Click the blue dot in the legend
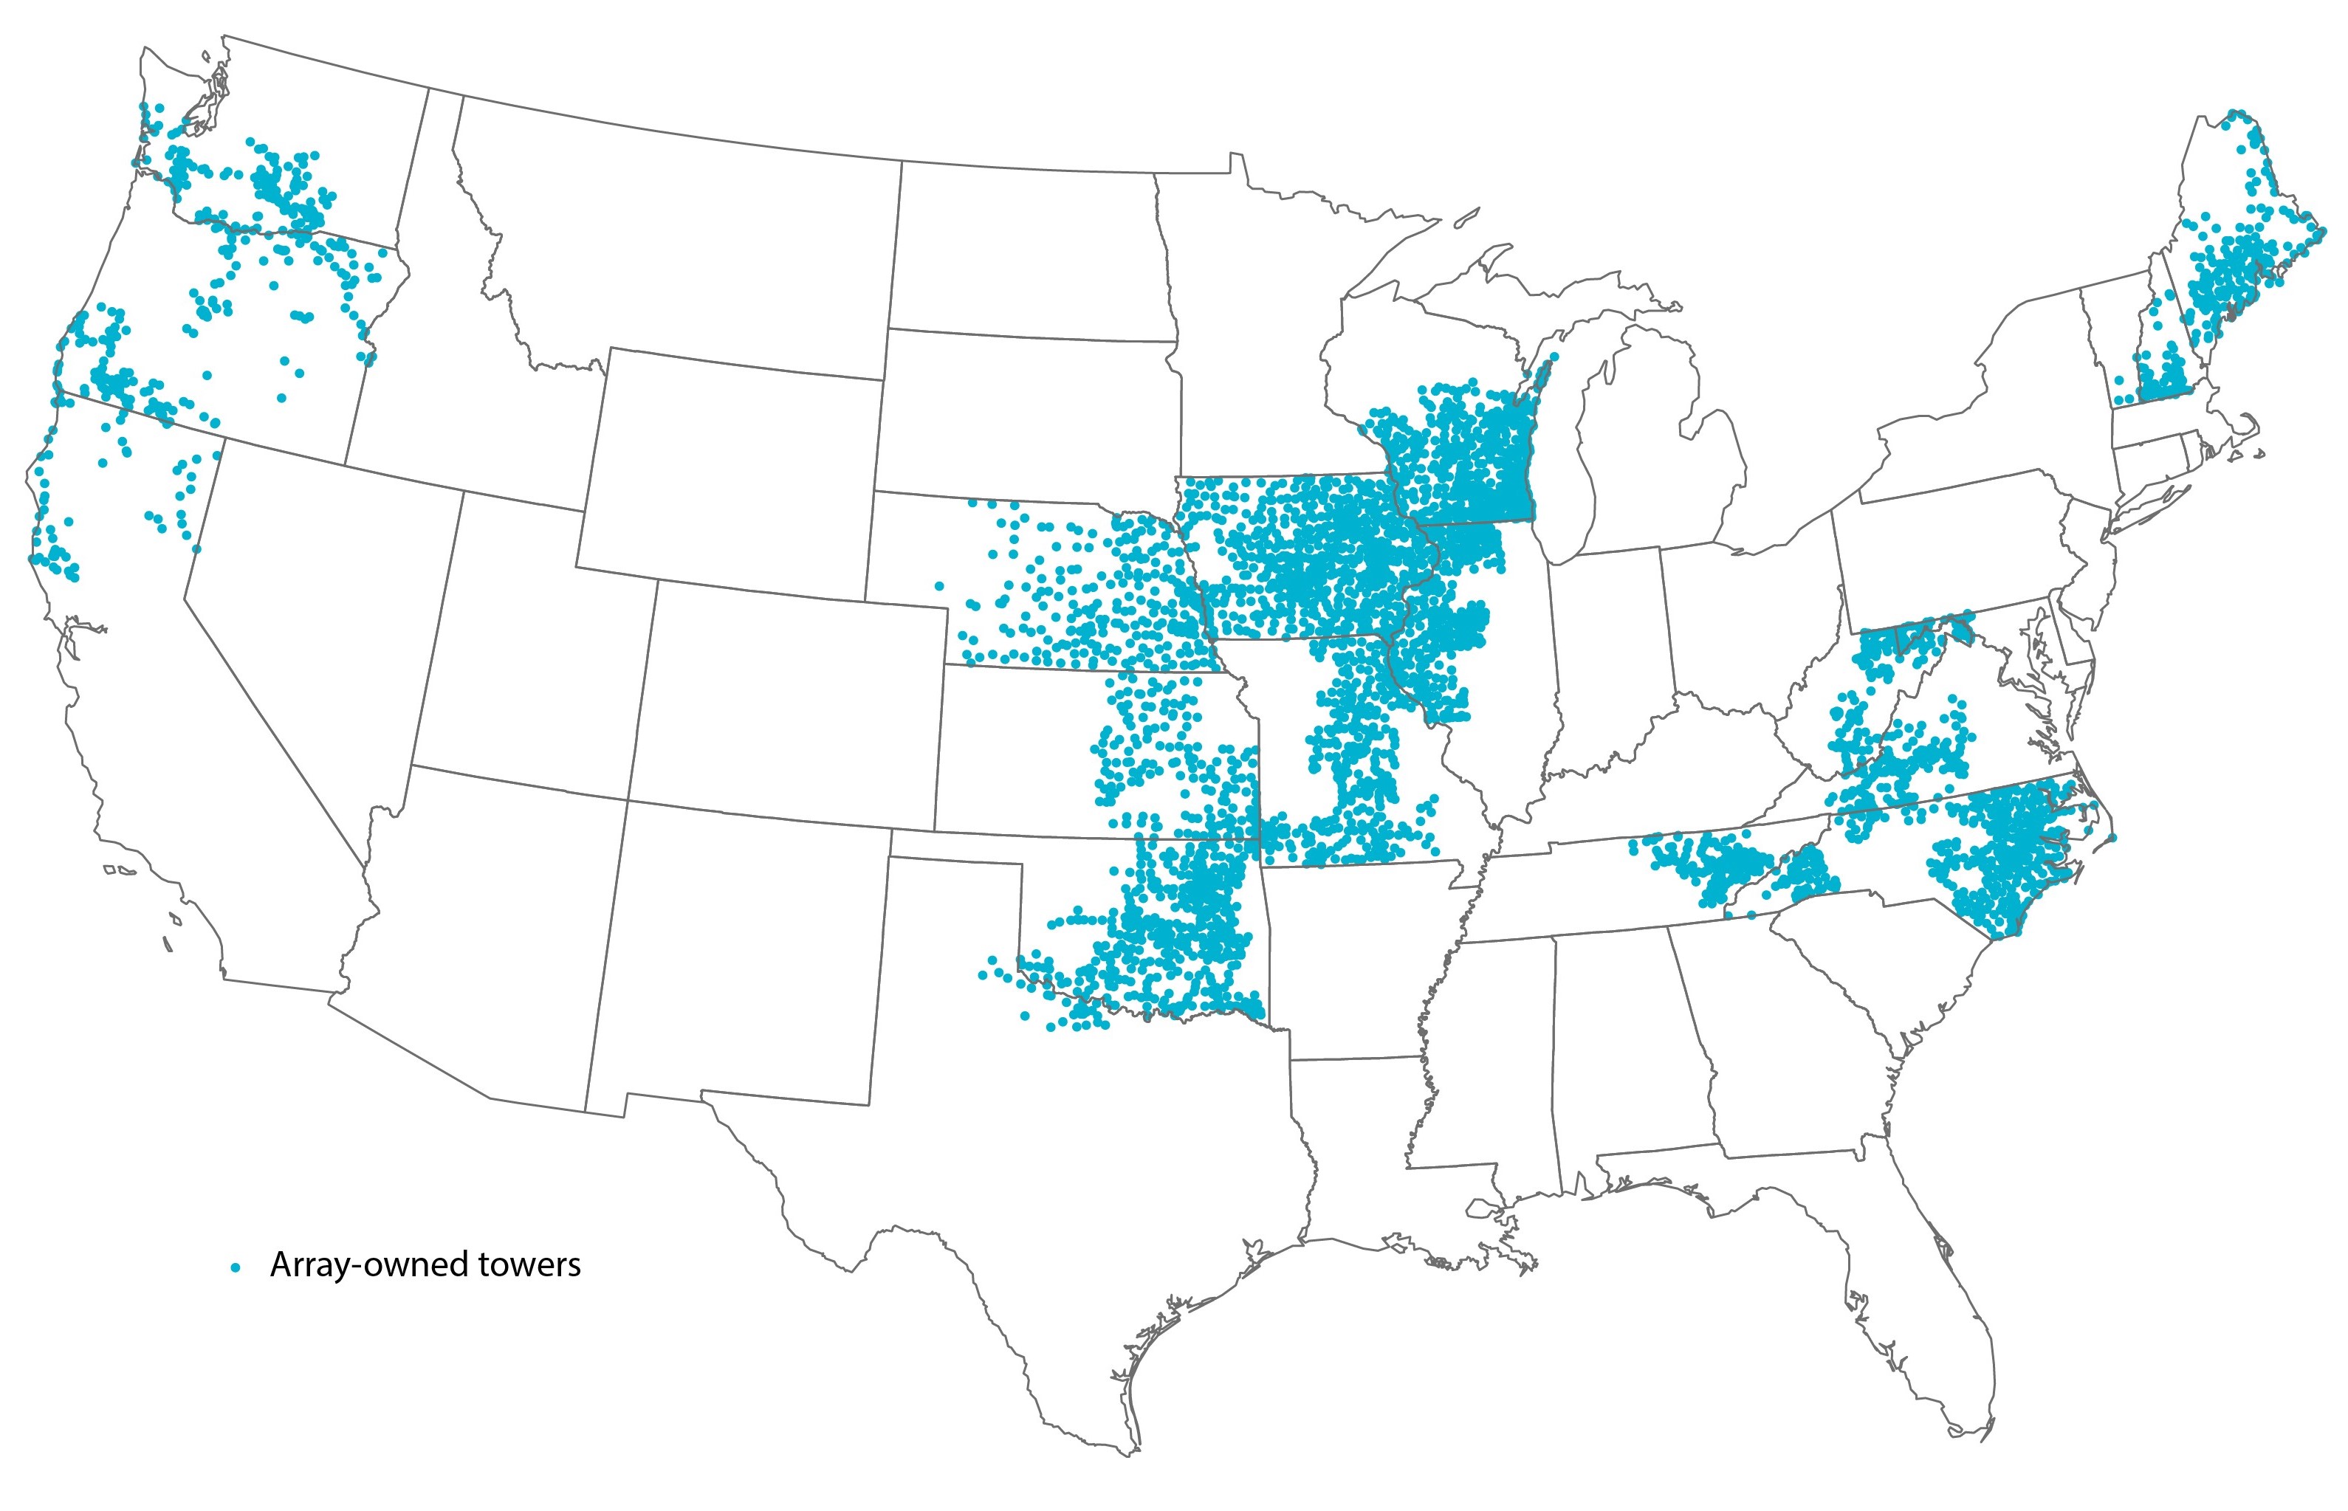(235, 1267)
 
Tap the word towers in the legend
(530, 1264)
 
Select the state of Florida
(1923, 1305)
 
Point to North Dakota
(1030, 255)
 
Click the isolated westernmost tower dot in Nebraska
(939, 586)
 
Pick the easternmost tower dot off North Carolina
(2112, 837)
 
